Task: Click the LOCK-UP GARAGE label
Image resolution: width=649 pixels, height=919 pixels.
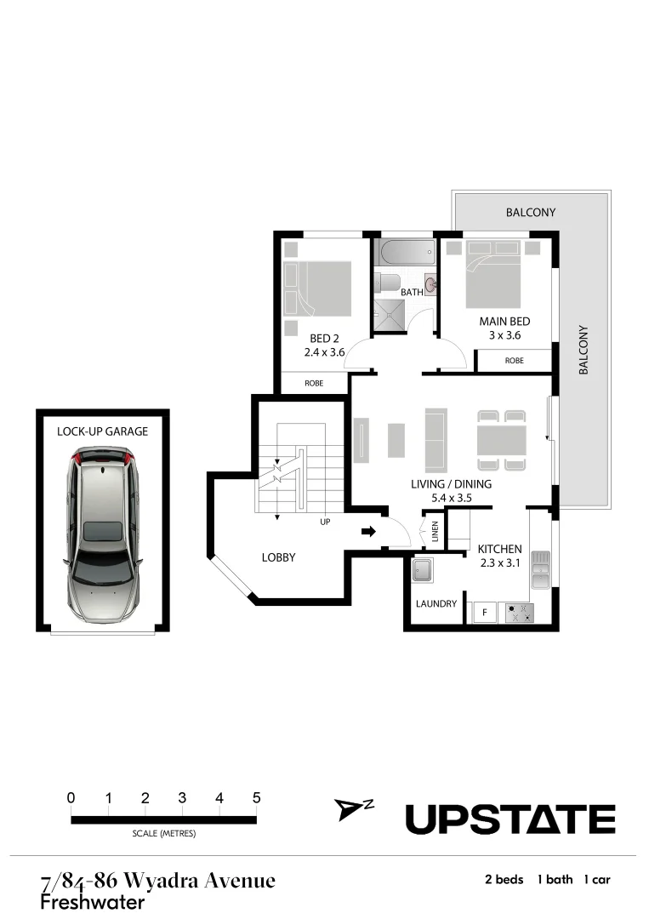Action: [x=102, y=431]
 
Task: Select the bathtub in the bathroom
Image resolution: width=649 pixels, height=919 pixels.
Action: [x=404, y=253]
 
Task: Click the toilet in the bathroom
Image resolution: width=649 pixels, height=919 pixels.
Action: [x=388, y=284]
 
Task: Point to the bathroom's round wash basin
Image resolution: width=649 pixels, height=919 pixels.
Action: [x=430, y=284]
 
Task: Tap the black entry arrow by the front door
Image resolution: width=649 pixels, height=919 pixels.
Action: [x=367, y=533]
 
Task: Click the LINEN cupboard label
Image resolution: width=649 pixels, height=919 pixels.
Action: [x=435, y=531]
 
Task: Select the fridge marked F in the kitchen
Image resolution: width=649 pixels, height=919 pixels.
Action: [x=485, y=611]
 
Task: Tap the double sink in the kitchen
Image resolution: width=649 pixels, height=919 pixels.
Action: [x=539, y=570]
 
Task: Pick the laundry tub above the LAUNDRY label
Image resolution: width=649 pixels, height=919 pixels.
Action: [x=423, y=570]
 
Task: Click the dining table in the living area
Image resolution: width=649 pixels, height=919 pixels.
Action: [x=502, y=441]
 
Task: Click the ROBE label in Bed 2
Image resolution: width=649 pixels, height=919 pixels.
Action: [x=314, y=384]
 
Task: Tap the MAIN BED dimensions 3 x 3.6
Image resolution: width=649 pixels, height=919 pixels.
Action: [x=504, y=335]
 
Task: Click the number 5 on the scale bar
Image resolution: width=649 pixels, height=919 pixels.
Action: [x=256, y=798]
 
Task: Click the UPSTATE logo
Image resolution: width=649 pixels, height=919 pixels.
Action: [x=510, y=819]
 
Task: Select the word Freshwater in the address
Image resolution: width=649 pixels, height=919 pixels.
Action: [x=92, y=901]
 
